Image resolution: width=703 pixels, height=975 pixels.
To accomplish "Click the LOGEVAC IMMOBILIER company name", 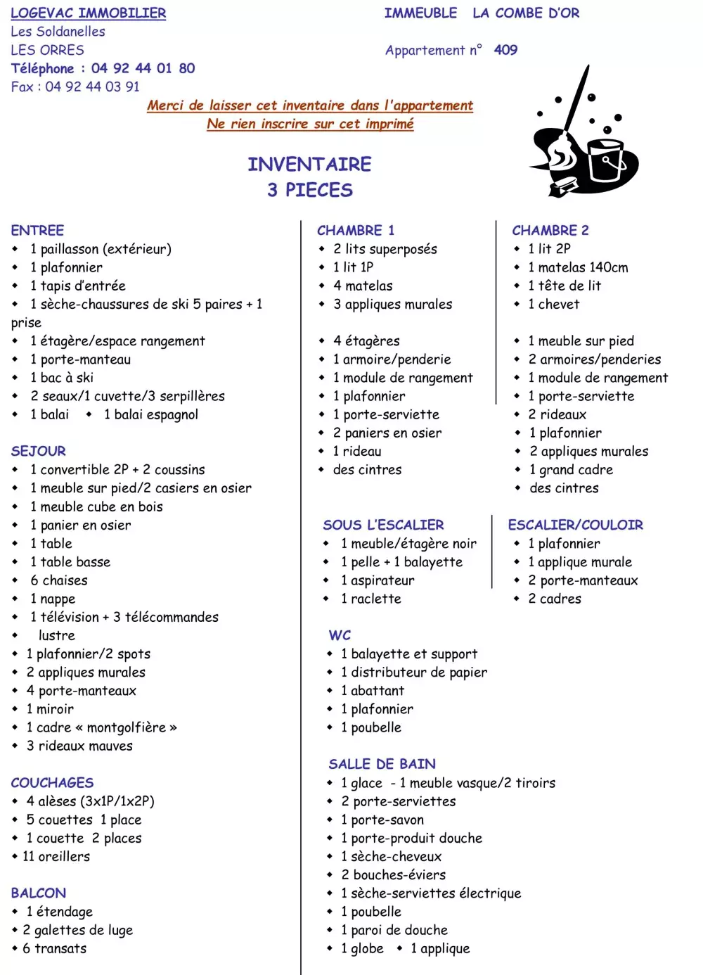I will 89,13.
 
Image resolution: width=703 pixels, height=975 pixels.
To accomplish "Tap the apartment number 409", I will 505,50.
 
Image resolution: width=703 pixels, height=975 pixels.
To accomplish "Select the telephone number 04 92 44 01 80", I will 143,68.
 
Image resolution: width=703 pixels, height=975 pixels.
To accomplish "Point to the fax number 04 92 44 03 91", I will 92,87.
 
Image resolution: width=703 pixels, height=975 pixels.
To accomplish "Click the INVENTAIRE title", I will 309,165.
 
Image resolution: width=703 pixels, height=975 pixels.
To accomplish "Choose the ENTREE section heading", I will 37,230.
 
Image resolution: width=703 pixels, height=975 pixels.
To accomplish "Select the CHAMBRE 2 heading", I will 550,230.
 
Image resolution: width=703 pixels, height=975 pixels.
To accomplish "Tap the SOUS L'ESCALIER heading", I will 383,525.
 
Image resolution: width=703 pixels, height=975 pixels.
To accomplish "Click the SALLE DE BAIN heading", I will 382,764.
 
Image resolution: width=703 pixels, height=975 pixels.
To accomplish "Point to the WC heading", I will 340,635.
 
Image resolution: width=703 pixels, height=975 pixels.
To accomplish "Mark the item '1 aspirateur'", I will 378,580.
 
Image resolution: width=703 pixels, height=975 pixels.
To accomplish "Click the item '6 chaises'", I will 59,580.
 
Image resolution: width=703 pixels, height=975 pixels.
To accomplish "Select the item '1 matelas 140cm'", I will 578,267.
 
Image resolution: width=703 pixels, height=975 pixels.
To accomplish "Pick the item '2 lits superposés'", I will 385,249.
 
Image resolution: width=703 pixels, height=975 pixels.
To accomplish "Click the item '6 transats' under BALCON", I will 54,948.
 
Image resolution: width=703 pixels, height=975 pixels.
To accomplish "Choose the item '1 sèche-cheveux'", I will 391,856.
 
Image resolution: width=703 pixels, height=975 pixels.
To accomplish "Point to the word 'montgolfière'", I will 127,727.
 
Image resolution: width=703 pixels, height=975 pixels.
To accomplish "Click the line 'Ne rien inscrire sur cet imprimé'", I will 310,124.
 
